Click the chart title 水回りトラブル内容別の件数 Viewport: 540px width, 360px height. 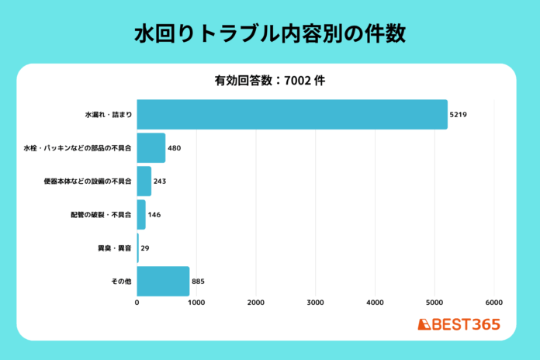pyautogui.click(x=269, y=35)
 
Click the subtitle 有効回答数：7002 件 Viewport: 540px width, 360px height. pyautogui.click(x=269, y=80)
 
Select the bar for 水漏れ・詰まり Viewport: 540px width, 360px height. pyautogui.click(x=292, y=114)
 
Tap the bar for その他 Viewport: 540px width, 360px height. pyautogui.click(x=163, y=281)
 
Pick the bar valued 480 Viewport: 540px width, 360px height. pyautogui.click(x=151, y=147)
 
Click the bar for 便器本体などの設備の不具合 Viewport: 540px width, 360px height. pyautogui.click(x=144, y=181)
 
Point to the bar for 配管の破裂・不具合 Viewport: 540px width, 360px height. pyautogui.click(x=141, y=214)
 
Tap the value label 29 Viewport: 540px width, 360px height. pyautogui.click(x=145, y=247)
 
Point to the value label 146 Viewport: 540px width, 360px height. pyautogui.click(x=154, y=214)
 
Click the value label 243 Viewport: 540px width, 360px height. pyautogui.click(x=160, y=181)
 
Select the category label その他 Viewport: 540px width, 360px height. pyautogui.click(x=121, y=281)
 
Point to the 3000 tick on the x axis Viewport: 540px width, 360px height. pyautogui.click(x=316, y=303)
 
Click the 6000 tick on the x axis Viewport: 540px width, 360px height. pyautogui.click(x=494, y=303)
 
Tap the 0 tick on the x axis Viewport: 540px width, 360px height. pyautogui.click(x=137, y=303)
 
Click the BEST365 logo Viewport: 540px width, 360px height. pyautogui.click(x=459, y=324)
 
